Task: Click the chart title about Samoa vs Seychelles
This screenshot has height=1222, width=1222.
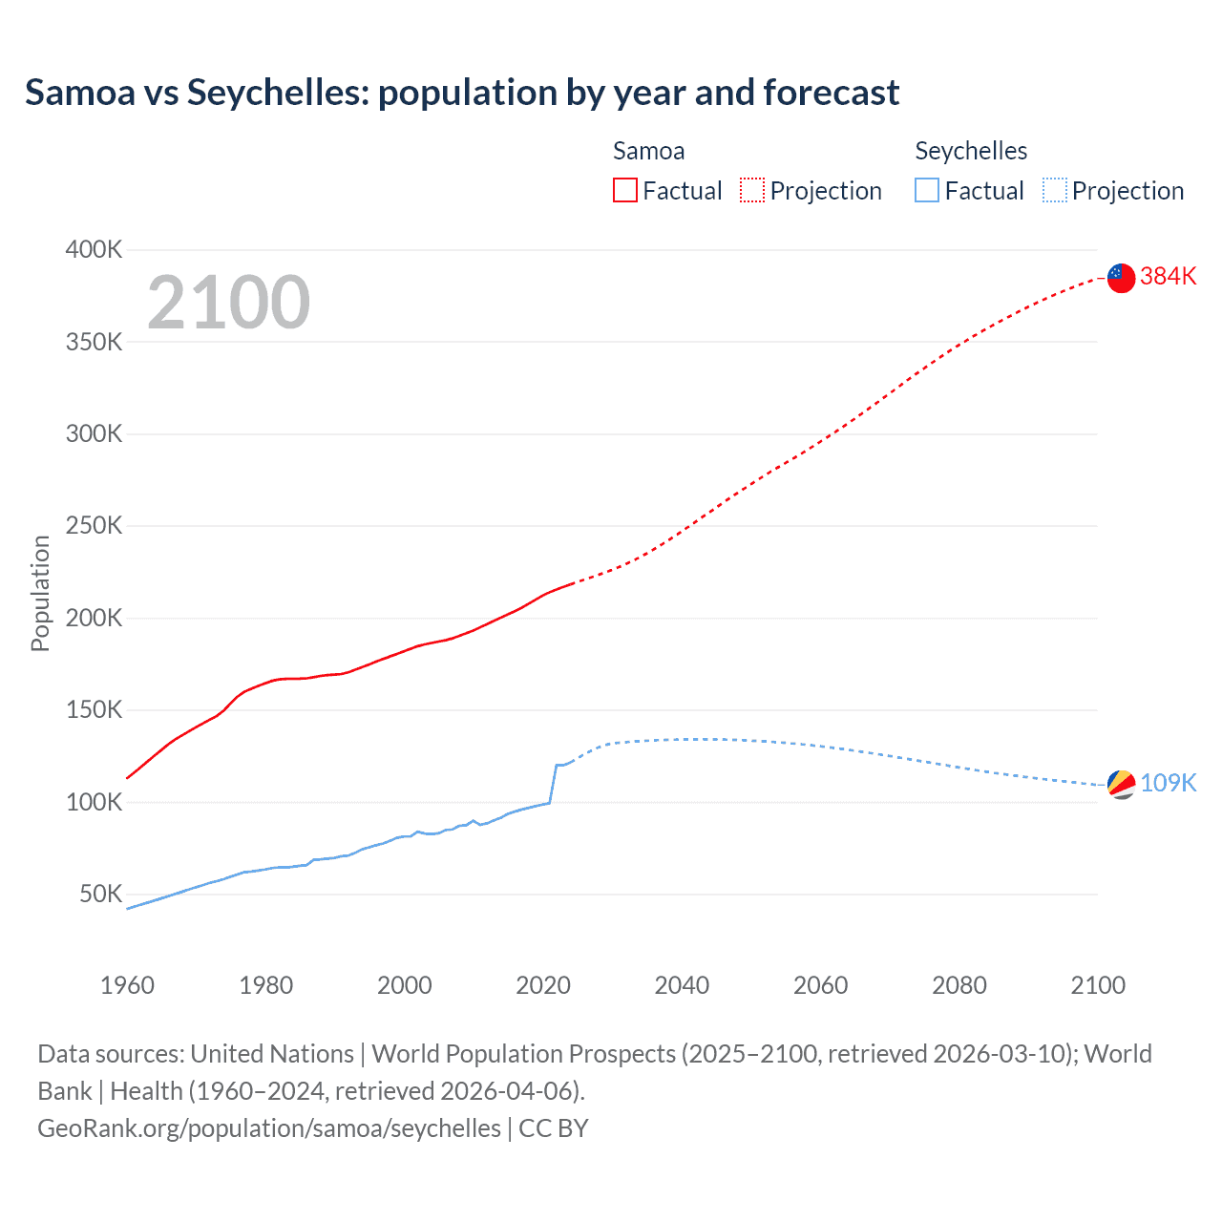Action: pos(462,93)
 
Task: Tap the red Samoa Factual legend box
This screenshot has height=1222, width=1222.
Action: pos(624,190)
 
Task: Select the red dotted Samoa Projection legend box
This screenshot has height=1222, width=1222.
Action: pos(752,190)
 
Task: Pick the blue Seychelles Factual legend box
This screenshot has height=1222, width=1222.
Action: pos(927,190)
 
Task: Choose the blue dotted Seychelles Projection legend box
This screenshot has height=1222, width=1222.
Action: pos(1055,190)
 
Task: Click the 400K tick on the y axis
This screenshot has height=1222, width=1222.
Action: pos(94,249)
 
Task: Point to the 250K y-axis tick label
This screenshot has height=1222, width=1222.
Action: pos(94,526)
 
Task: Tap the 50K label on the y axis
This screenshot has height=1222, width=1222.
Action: pos(100,895)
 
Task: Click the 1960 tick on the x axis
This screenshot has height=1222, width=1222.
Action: pos(127,985)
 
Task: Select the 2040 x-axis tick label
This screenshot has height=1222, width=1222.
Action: pos(682,985)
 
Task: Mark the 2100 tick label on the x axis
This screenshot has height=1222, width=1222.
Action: pos(1098,985)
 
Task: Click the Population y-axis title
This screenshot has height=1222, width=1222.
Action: pos(40,593)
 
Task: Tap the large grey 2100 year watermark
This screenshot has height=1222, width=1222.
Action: pos(228,303)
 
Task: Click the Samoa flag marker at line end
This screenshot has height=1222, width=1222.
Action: pos(1121,278)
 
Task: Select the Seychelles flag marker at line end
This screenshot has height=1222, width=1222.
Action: pos(1121,784)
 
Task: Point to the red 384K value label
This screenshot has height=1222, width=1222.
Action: pos(1168,276)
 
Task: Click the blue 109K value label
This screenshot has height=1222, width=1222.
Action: pos(1168,783)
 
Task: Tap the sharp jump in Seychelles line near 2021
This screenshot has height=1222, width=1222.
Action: pos(553,783)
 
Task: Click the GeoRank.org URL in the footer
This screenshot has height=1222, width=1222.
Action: pos(268,1127)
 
